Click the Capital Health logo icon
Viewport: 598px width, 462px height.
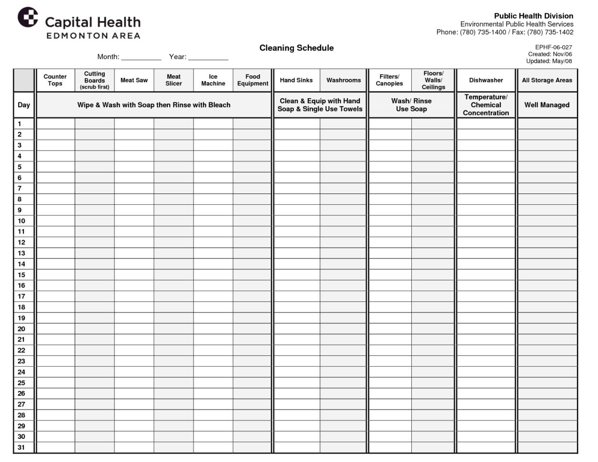(x=28, y=18)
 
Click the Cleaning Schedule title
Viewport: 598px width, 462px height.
(x=296, y=48)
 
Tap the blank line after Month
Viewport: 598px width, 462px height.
(x=141, y=57)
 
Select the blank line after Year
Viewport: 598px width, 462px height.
(x=208, y=57)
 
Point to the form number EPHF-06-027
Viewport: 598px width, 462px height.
(x=553, y=47)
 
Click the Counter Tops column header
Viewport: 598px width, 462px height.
(x=55, y=80)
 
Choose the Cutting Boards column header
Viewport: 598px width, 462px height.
(x=94, y=80)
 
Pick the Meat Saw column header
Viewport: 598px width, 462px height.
(x=134, y=80)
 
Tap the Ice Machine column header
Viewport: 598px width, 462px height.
(x=213, y=80)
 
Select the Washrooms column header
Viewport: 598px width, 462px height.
(x=343, y=80)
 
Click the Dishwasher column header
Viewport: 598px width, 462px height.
(x=486, y=80)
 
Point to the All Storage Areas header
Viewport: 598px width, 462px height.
(x=547, y=80)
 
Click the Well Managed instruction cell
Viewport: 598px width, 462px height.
(x=547, y=105)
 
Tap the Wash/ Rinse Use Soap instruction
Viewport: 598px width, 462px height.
(x=411, y=105)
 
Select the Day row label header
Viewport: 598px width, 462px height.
(x=24, y=105)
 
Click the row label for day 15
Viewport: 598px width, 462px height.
(x=21, y=275)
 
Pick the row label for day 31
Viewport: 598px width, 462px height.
(x=21, y=447)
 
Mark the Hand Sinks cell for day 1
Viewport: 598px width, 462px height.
(x=296, y=124)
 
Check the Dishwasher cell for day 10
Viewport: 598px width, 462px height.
(x=486, y=221)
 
